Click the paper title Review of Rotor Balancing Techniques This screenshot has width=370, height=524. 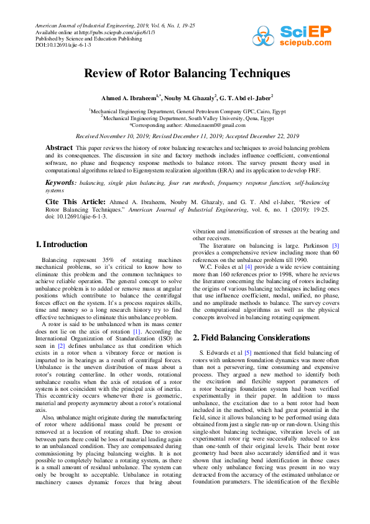(187, 73)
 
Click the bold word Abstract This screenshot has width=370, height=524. (60, 147)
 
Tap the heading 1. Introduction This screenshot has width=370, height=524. (62, 245)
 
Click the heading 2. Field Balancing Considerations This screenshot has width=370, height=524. (251, 337)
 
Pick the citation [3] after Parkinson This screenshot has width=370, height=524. (335, 246)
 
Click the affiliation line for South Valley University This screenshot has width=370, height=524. (187, 118)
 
